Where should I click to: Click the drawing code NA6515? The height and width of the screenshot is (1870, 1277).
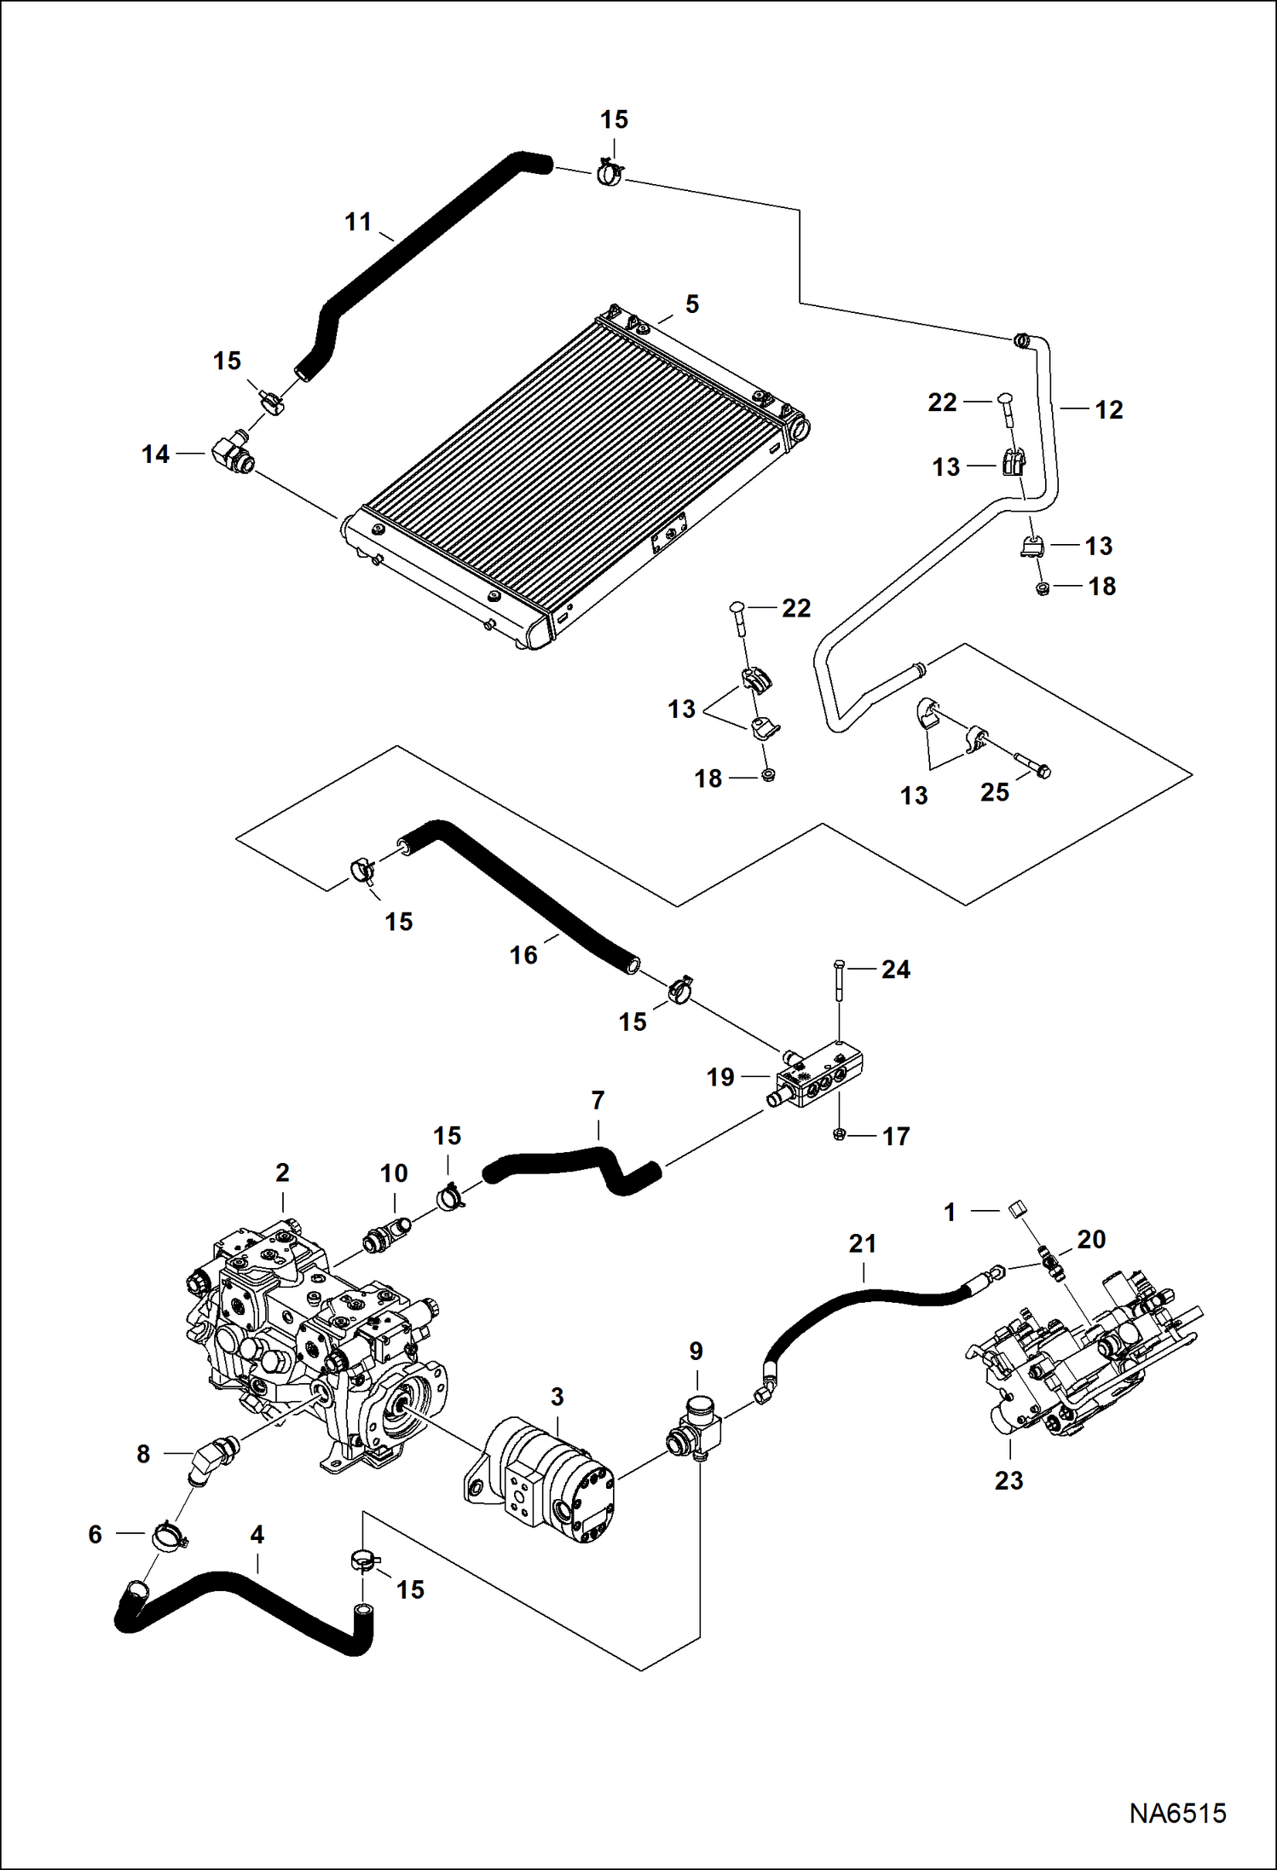1177,1813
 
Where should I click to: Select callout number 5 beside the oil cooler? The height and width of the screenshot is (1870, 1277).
691,304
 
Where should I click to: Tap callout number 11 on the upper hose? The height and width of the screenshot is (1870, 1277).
358,223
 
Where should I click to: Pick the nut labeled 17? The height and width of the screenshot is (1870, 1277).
839,1135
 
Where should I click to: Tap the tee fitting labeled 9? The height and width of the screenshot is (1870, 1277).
696,1433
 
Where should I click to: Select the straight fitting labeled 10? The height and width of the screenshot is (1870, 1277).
386,1236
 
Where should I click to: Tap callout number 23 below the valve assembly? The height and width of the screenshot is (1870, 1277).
1008,1480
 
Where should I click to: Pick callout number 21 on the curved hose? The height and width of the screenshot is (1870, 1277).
862,1244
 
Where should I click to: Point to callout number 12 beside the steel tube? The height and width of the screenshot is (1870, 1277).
1108,410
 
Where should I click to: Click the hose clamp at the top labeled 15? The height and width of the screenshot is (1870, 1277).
609,173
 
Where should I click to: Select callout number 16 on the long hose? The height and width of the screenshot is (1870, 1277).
523,955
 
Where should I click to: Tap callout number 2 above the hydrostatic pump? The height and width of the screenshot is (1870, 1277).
282,1172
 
